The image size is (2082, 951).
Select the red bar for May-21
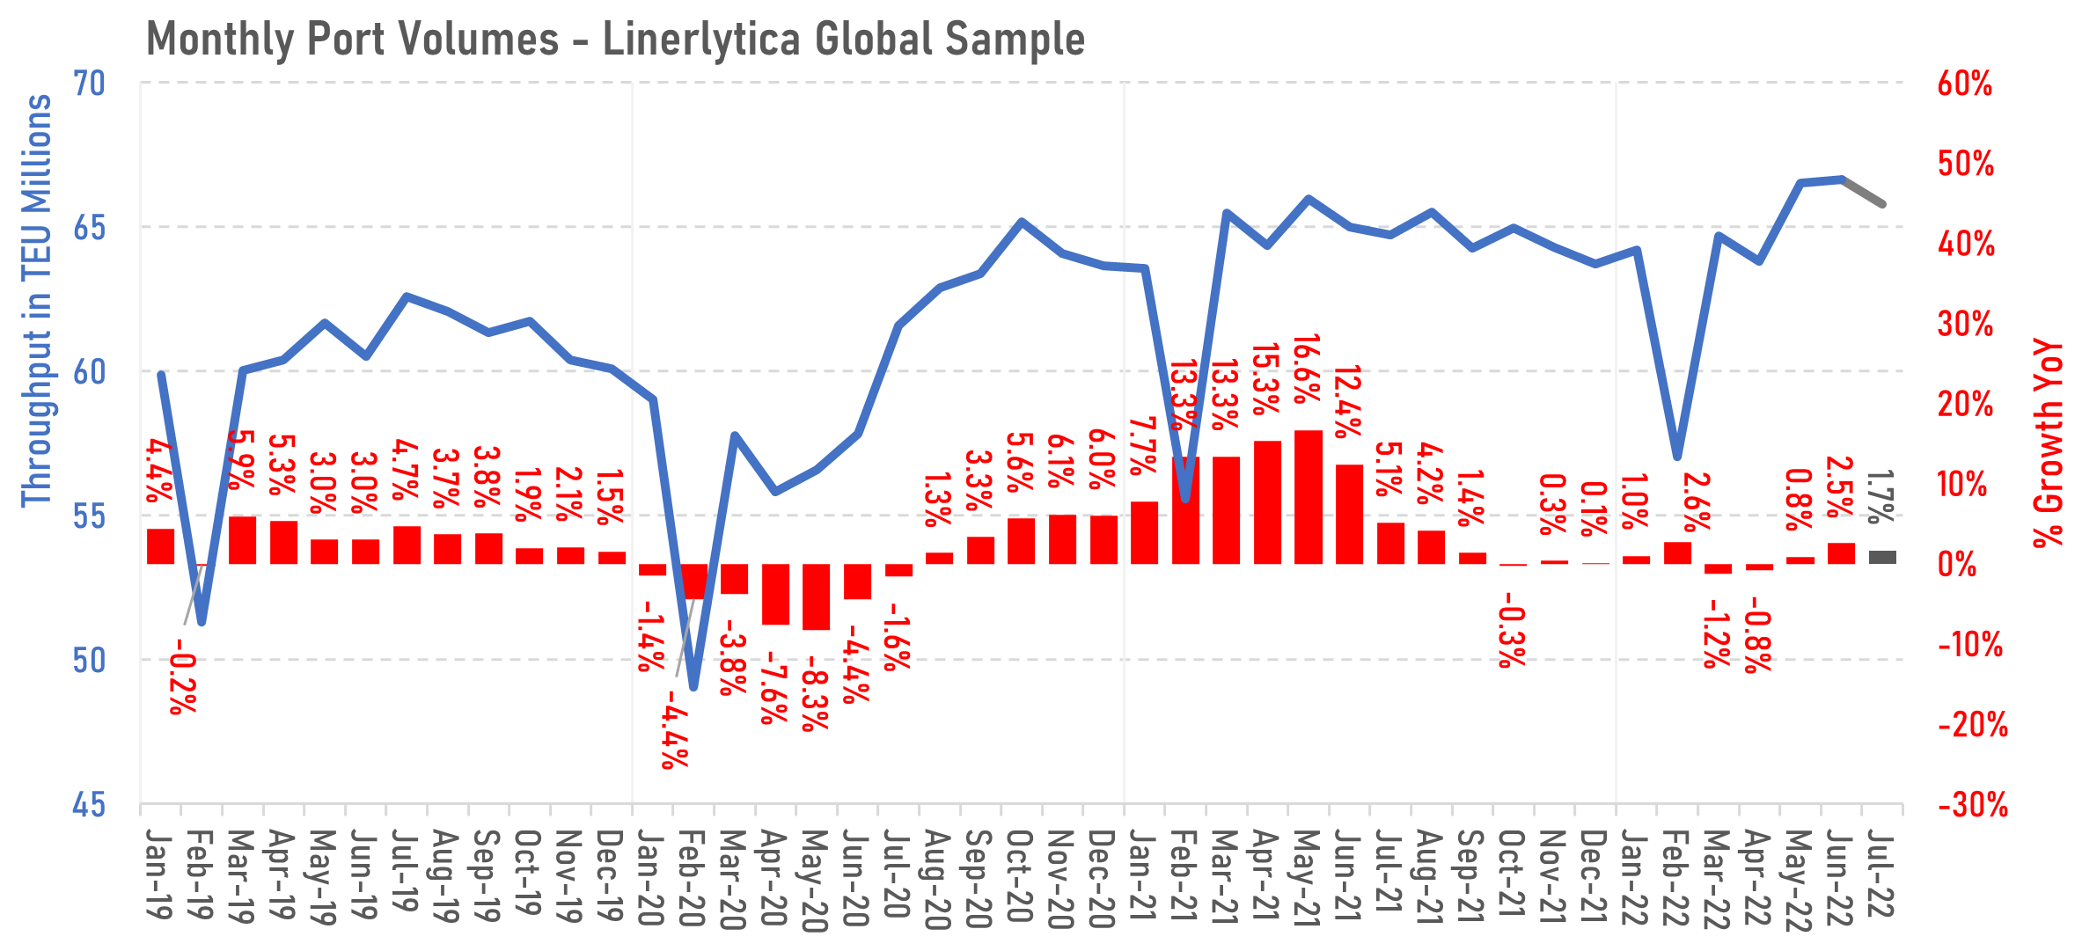pyautogui.click(x=1309, y=497)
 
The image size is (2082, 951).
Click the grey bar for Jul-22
pyautogui.click(x=1883, y=557)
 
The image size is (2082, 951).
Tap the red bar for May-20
pyautogui.click(x=816, y=596)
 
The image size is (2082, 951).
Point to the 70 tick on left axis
pyautogui.click(x=89, y=84)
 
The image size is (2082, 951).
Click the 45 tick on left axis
pyautogui.click(x=89, y=804)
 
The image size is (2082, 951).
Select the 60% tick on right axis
pyautogui.click(x=1964, y=84)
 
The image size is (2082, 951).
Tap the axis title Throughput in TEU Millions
pyautogui.click(x=37, y=301)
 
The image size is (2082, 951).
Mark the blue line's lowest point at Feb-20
pyautogui.click(x=693, y=687)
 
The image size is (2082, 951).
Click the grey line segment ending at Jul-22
pyautogui.click(x=1864, y=192)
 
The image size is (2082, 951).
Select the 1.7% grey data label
pyautogui.click(x=1880, y=497)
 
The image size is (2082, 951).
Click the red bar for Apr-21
pyautogui.click(x=1267, y=502)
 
